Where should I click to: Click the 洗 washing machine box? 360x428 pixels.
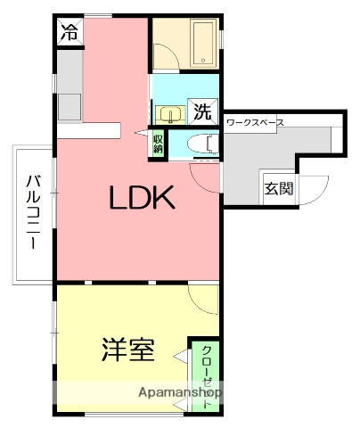pos(203,112)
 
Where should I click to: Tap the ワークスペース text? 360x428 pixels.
pos(255,121)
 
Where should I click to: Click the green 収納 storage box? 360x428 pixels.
pos(158,144)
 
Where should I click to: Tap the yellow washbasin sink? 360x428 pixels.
pos(169,113)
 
